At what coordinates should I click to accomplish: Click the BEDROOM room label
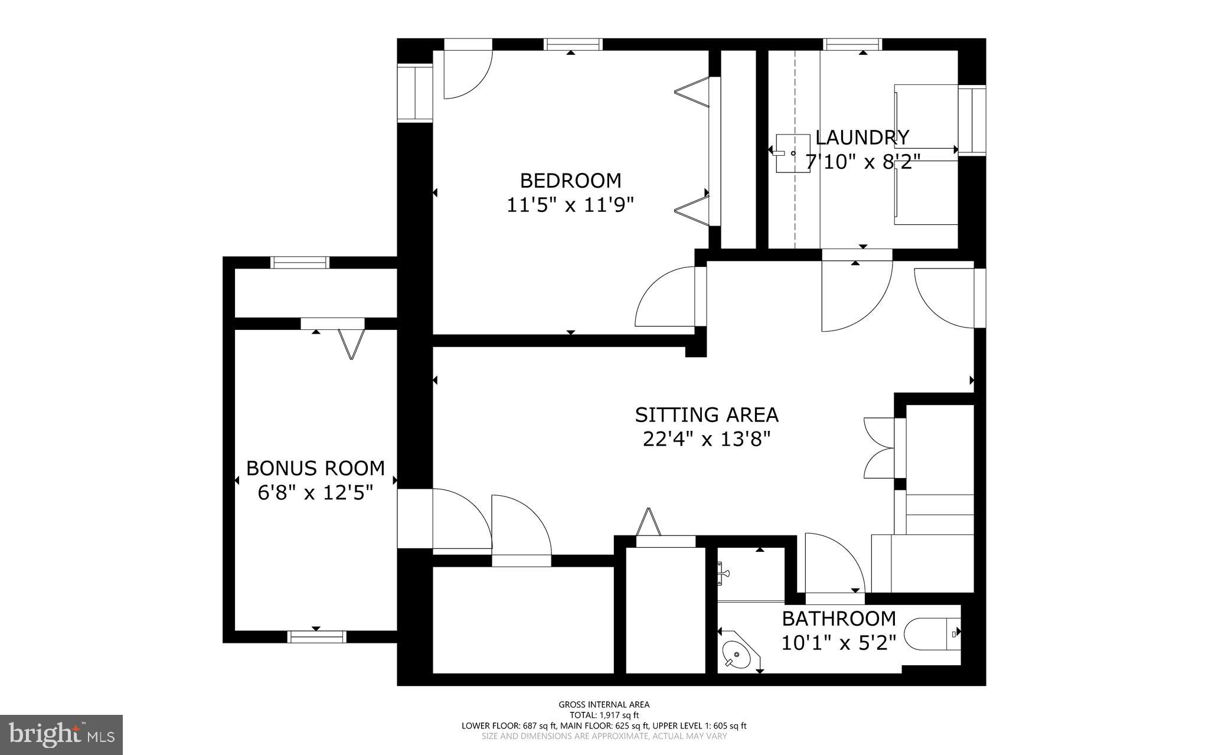pos(570,180)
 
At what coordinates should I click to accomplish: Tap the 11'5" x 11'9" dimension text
pos(570,205)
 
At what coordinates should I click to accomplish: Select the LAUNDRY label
pos(862,138)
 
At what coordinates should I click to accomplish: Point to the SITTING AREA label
pos(707,415)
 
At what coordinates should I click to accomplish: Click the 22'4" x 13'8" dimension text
pos(707,440)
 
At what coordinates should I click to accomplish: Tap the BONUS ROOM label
pos(315,468)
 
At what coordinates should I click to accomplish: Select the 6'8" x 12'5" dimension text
pos(315,492)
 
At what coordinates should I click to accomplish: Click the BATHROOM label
pos(839,619)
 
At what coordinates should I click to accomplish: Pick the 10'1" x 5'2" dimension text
pos(839,642)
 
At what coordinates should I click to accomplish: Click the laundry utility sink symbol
pos(791,153)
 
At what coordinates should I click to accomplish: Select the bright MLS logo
pos(61,734)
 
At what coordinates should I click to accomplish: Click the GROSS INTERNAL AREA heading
pos(604,704)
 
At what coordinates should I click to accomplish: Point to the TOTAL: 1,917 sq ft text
pos(604,715)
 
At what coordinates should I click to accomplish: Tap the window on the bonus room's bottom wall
pos(316,636)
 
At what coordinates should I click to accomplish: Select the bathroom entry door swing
pos(832,564)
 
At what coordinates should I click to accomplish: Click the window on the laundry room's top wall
pos(852,44)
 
